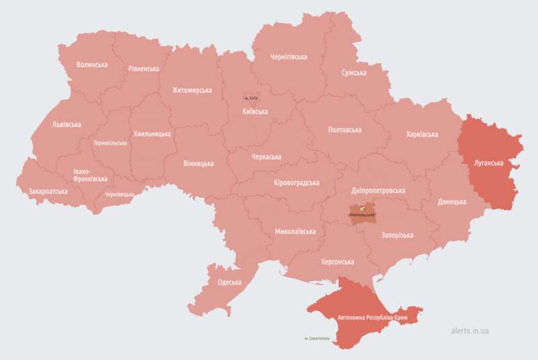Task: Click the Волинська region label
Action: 92,65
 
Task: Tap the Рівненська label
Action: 143,69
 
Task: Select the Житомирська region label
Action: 192,90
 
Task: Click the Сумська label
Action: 354,73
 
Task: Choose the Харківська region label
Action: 422,135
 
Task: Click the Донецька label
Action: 452,202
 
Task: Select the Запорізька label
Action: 397,236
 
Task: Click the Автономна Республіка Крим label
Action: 371,316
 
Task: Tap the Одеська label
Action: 229,282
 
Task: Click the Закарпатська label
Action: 48,192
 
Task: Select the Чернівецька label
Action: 119,194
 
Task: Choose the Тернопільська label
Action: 110,143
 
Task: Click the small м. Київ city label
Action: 250,99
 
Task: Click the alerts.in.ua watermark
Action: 470,330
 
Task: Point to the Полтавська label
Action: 344,130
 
